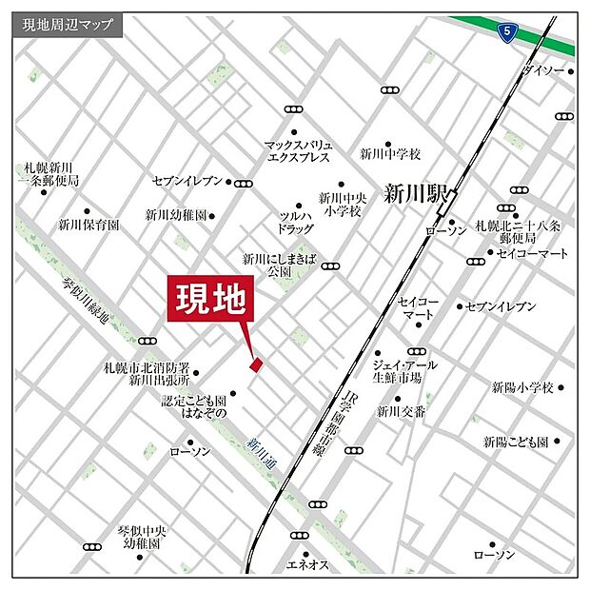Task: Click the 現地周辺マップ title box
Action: (x=67, y=26)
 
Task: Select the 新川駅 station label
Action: (x=414, y=193)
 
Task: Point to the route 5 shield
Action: (x=507, y=32)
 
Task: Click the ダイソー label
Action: (x=542, y=71)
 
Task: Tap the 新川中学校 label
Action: (x=389, y=153)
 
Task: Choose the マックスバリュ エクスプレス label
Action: (x=297, y=151)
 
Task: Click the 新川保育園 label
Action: (x=88, y=226)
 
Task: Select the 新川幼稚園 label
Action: (x=175, y=215)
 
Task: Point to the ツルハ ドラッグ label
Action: (x=295, y=223)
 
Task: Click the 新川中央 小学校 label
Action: (x=341, y=205)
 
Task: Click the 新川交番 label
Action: (x=400, y=412)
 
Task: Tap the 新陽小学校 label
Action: (x=522, y=387)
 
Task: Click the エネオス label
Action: (x=306, y=565)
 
